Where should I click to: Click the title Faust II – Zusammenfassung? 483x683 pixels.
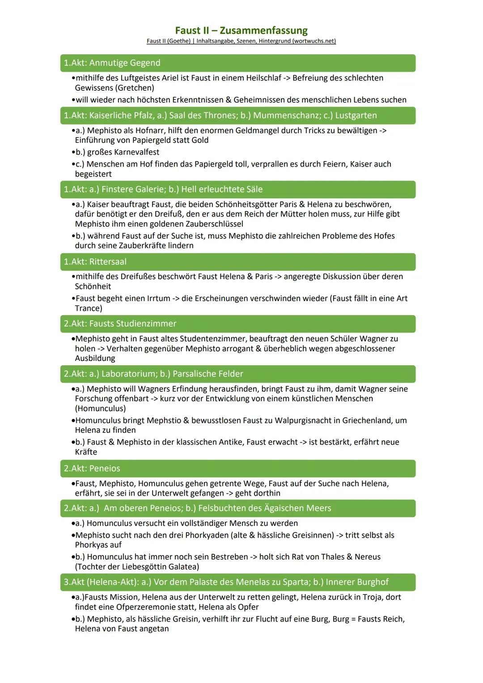point(241,30)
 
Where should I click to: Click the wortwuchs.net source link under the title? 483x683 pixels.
point(241,41)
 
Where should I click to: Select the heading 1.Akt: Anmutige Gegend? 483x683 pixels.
point(112,63)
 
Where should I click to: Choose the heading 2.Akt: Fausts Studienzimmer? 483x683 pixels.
point(120,323)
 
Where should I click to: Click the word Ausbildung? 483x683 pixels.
point(95,358)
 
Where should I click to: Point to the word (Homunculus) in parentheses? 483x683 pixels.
point(100,408)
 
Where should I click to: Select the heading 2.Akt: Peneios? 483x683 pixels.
point(92,468)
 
